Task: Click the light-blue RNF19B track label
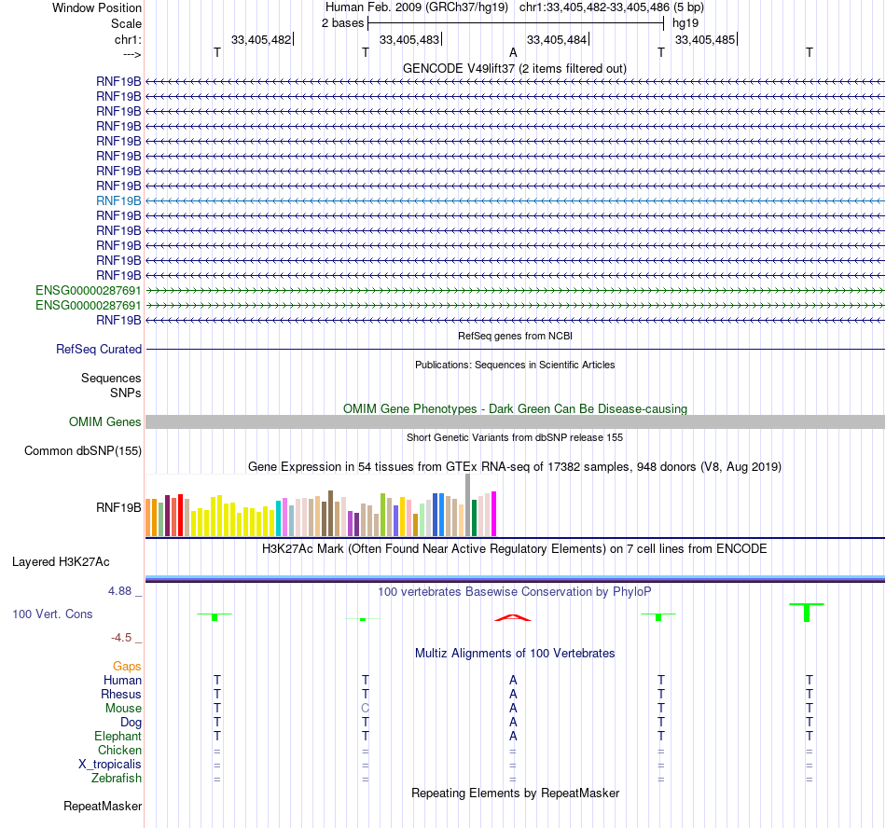118,200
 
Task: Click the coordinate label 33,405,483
408,39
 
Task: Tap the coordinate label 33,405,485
704,39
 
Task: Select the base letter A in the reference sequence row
513,53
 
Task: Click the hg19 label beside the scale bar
685,23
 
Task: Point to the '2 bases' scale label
342,23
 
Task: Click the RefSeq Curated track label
99,350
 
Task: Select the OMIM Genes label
105,422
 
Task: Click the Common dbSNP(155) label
82,451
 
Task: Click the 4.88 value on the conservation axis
125,591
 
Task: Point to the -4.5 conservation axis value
125,638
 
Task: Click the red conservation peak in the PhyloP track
513,616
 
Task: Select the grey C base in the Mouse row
366,708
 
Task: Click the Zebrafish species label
117,778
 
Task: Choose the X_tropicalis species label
110,764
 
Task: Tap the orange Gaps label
127,666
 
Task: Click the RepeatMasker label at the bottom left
103,806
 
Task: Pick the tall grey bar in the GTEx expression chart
468,504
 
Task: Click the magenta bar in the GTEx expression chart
494,514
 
